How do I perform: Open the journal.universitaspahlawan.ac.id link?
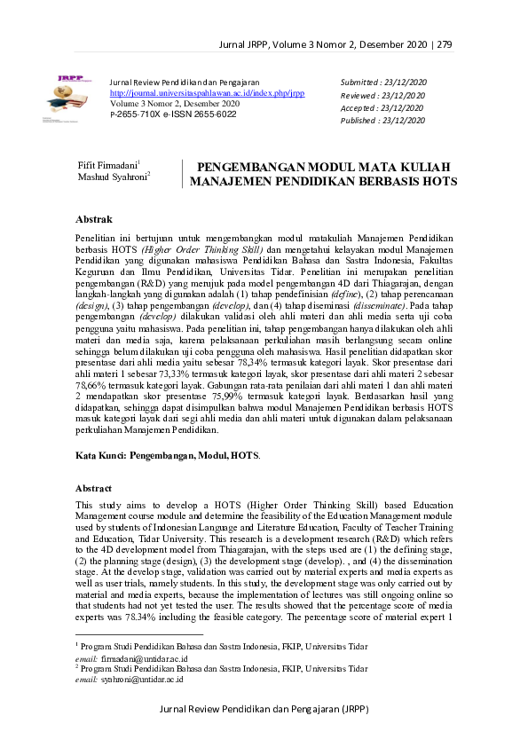207,92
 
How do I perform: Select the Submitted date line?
383,82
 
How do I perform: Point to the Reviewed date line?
383,95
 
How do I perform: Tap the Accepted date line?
382,108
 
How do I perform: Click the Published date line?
384,122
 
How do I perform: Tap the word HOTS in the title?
439,181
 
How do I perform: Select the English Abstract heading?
94,488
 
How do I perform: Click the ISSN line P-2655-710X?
173,114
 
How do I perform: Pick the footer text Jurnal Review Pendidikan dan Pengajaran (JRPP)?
264,710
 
